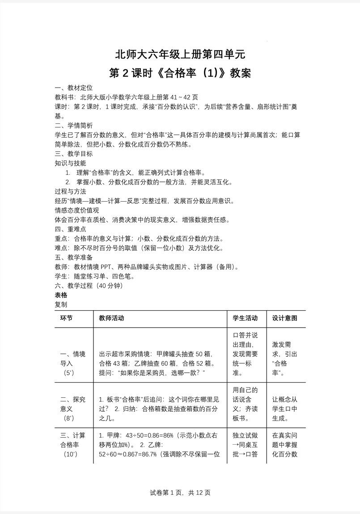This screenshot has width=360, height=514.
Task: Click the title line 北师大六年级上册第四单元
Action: [x=180, y=55]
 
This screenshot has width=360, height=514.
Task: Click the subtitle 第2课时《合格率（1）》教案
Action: [x=180, y=73]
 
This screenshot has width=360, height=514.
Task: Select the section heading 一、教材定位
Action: [x=74, y=87]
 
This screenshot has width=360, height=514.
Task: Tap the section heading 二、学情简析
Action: [x=74, y=126]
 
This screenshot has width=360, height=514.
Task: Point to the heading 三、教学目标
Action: [x=74, y=154]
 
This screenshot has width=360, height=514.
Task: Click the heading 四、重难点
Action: [x=71, y=229]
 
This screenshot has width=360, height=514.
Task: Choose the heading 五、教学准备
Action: [x=74, y=257]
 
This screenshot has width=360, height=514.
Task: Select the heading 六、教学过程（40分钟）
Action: [x=89, y=286]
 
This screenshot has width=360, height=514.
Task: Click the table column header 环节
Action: [x=66, y=318]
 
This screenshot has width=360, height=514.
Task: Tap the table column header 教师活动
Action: [x=111, y=318]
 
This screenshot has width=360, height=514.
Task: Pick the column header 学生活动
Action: [x=246, y=318]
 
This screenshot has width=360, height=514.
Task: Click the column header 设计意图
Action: [x=284, y=318]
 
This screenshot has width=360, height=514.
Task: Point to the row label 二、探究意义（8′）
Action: [x=72, y=409]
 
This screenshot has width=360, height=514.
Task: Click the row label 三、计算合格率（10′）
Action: [x=72, y=445]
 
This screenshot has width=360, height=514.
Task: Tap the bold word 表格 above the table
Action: [x=61, y=295]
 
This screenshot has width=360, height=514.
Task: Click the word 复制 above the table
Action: [x=61, y=304]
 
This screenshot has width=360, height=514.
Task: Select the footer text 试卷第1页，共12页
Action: [x=180, y=493]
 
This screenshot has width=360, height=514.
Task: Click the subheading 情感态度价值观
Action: [x=76, y=210]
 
